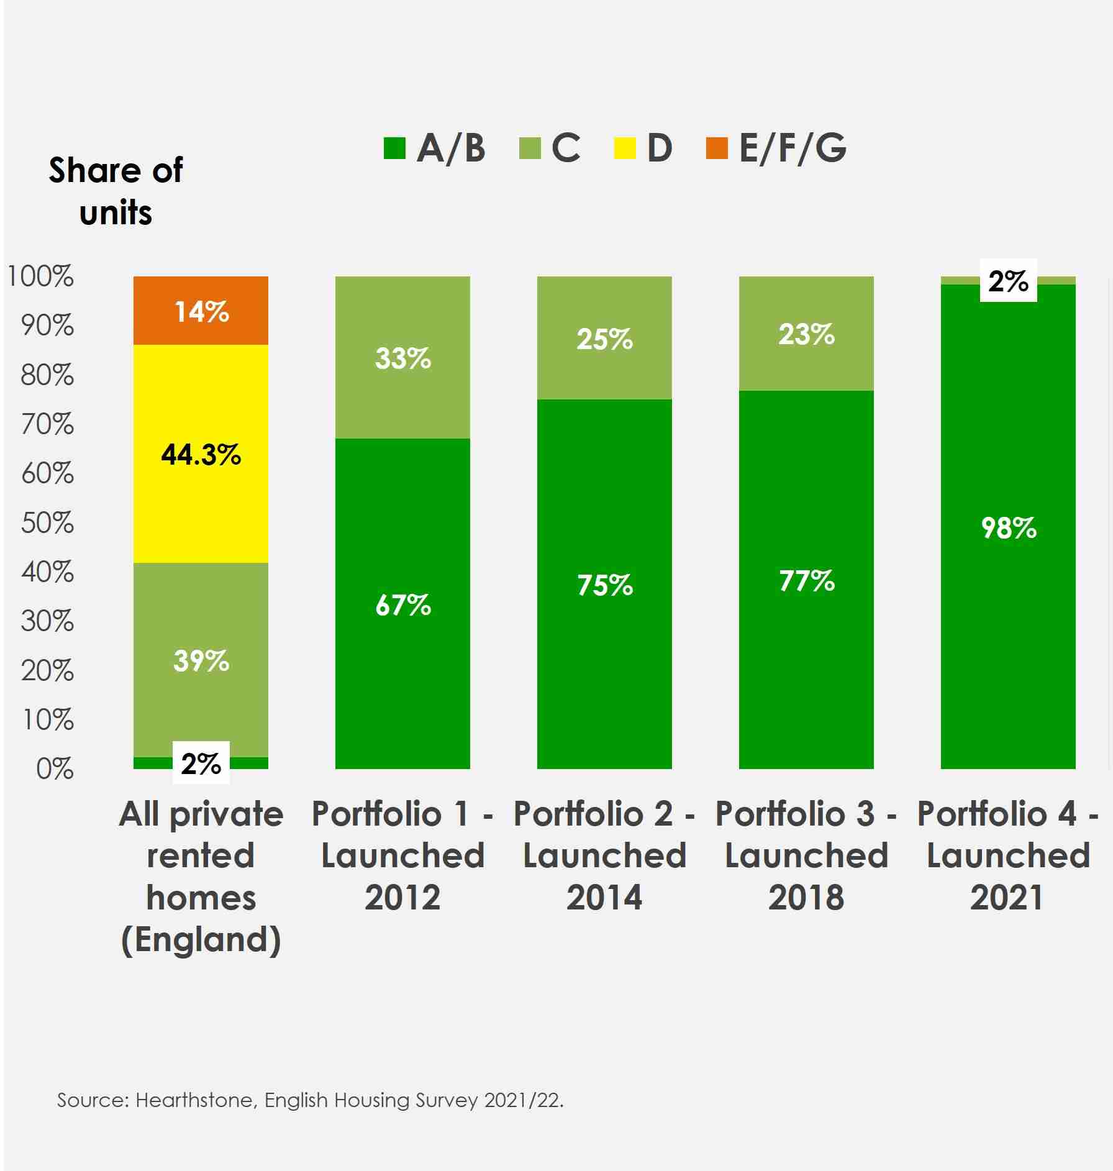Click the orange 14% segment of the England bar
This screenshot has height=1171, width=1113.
point(201,311)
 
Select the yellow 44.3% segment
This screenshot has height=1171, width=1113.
point(201,454)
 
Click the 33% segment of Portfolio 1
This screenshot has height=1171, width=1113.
point(402,358)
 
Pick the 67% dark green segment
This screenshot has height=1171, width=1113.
point(402,604)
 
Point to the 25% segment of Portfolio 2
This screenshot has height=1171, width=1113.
point(604,339)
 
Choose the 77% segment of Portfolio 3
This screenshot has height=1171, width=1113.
point(806,580)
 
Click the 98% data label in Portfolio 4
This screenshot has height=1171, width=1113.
point(1008,528)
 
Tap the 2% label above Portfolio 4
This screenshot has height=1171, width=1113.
point(1008,281)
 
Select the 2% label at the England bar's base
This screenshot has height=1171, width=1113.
point(201,763)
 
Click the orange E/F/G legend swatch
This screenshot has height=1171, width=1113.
point(717,148)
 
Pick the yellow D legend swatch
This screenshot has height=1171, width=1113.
point(625,148)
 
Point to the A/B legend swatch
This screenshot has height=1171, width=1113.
point(394,148)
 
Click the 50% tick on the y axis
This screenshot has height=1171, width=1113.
point(47,523)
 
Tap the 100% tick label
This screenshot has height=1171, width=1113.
point(40,276)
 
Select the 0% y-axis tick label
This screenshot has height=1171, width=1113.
point(55,769)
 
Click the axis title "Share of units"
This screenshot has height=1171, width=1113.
point(116,191)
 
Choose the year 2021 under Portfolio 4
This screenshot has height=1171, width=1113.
point(1007,898)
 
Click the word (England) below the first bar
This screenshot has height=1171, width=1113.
point(201,940)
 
